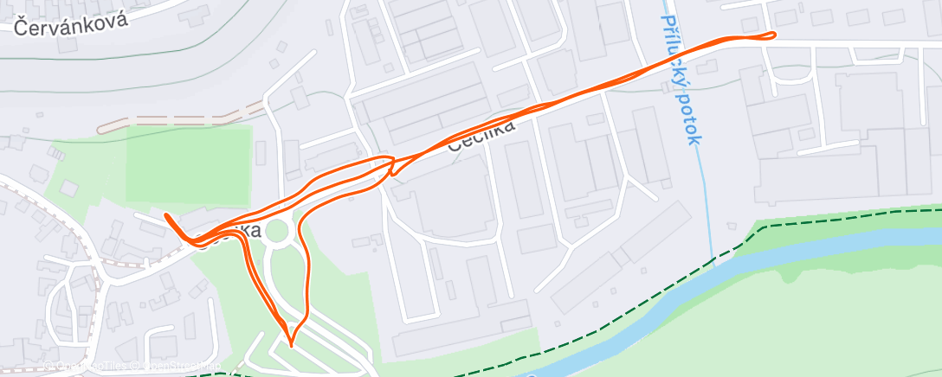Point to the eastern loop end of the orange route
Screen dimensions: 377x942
coord(771,35)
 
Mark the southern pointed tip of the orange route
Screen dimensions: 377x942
coord(291,345)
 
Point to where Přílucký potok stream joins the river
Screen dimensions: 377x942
coord(713,259)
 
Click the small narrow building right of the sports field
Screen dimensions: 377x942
coord(261,153)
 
